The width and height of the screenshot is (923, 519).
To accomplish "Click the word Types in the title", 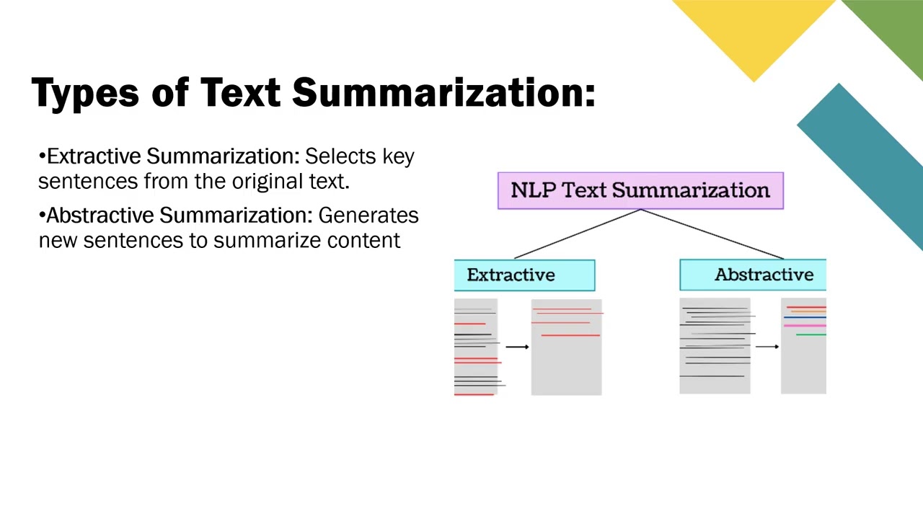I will [85, 94].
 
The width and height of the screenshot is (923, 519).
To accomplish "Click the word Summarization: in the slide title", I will [443, 94].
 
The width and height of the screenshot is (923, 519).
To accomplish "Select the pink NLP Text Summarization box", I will [640, 191].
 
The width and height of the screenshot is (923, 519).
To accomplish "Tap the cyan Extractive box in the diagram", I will [524, 275].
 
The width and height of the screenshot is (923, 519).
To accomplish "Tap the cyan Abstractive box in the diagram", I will [752, 275].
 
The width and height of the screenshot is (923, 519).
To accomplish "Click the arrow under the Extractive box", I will [517, 347].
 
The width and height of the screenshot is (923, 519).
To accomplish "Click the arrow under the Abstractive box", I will [767, 347].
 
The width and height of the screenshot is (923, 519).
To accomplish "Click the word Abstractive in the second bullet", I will [100, 216].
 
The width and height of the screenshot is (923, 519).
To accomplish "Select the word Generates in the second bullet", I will [368, 216].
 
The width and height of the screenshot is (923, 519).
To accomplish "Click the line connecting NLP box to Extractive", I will [577, 234].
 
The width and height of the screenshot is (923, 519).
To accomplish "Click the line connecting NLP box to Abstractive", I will [712, 234].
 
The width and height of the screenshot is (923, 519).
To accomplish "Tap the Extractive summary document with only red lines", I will [566, 347].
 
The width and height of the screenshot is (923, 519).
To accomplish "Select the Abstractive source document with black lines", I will [715, 347].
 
